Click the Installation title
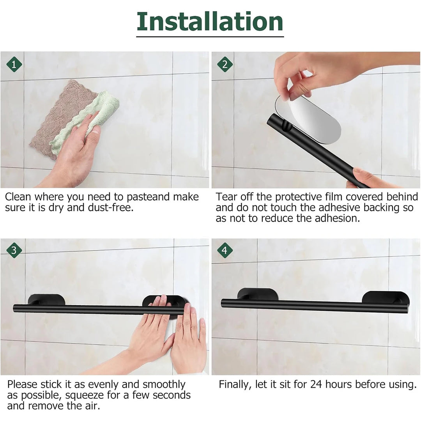[x=210, y=22]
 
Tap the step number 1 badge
[x=14, y=64]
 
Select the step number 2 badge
[x=225, y=64]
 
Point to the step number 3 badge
[x=14, y=251]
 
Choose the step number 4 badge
[x=225, y=250]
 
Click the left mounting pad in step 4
[x=257, y=294]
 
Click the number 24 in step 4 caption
[x=316, y=385]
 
